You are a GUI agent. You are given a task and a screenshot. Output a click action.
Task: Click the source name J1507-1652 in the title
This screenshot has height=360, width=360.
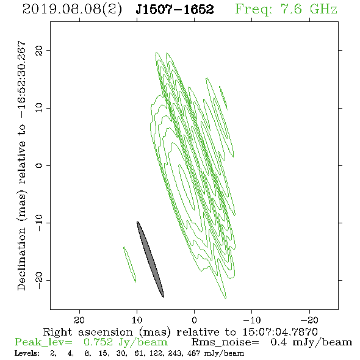point(175,10)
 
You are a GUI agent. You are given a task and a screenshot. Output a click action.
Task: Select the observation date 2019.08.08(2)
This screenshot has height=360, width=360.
point(72,10)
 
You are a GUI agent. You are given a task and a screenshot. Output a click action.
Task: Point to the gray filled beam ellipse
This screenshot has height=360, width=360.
point(150,259)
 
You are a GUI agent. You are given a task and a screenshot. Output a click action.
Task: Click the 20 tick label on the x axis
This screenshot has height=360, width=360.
point(79,320)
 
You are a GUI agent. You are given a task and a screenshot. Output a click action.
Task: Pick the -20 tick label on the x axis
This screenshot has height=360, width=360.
point(309,320)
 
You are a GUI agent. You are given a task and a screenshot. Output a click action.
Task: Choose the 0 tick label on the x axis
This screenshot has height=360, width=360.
point(194,320)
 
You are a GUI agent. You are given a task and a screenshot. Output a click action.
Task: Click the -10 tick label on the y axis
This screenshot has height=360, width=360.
point(39,223)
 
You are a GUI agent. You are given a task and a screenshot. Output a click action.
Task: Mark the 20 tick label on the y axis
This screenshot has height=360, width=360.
point(39,50)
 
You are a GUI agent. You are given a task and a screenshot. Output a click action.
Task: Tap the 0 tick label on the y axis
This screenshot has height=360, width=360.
point(39,165)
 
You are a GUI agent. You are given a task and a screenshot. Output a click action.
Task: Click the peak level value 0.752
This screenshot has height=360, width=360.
point(98,342)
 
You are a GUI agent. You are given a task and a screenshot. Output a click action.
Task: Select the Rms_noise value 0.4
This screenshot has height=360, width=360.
point(279,342)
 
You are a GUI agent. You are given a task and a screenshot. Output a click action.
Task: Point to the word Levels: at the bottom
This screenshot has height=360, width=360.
point(27,353)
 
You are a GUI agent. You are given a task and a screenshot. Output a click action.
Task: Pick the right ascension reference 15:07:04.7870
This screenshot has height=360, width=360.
point(280,332)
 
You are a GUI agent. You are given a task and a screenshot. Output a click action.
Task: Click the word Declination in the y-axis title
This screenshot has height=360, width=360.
point(21,259)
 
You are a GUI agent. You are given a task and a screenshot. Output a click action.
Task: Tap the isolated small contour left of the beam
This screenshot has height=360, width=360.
point(130,264)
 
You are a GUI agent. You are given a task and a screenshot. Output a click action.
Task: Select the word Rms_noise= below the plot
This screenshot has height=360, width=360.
point(225,342)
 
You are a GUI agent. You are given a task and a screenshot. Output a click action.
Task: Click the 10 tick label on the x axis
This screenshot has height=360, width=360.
point(137,320)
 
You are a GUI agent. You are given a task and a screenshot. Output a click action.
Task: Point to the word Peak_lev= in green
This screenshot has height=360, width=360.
point(43,342)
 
